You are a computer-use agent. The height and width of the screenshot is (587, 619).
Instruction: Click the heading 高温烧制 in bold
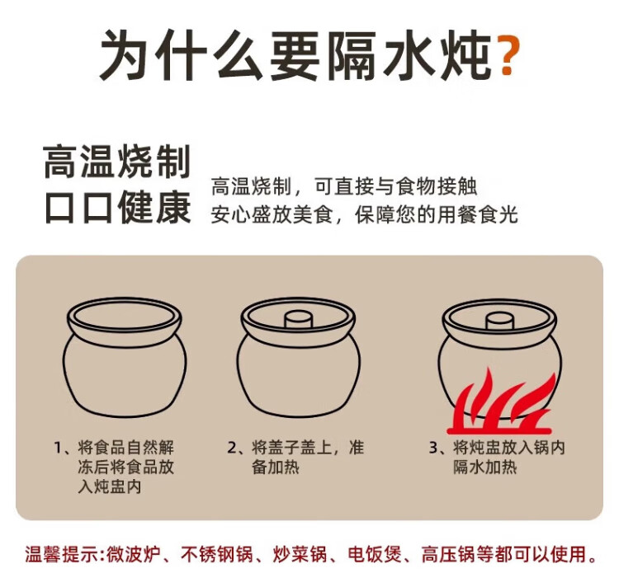[117, 162]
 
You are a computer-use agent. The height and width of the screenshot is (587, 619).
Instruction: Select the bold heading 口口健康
[118, 208]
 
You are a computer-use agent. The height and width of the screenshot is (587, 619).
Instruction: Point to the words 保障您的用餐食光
[437, 215]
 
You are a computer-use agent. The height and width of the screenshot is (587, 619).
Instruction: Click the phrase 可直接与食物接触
[395, 186]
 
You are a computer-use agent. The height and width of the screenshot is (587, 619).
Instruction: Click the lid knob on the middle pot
[299, 318]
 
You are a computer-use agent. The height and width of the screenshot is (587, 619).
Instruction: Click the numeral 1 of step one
[59, 448]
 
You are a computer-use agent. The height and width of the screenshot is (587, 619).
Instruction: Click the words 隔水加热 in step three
[484, 467]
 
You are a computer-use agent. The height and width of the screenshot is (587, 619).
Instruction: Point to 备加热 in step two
[276, 467]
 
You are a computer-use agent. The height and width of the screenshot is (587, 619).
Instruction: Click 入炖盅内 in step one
[110, 487]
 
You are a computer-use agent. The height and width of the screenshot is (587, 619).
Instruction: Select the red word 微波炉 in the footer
[133, 554]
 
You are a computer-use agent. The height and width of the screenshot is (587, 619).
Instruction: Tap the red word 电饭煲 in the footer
[374, 554]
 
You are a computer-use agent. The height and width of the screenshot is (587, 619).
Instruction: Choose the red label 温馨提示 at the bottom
[61, 554]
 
